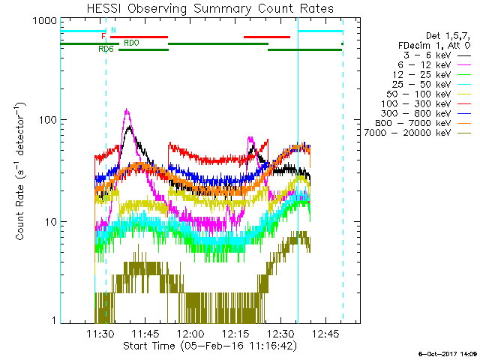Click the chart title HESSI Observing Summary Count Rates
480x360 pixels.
click(x=209, y=9)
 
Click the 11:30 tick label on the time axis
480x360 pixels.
click(x=100, y=334)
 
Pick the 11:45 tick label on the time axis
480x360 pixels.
click(x=145, y=334)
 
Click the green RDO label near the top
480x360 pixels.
click(x=130, y=43)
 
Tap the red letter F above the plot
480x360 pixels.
click(x=104, y=36)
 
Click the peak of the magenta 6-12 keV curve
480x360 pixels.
click(x=127, y=110)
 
